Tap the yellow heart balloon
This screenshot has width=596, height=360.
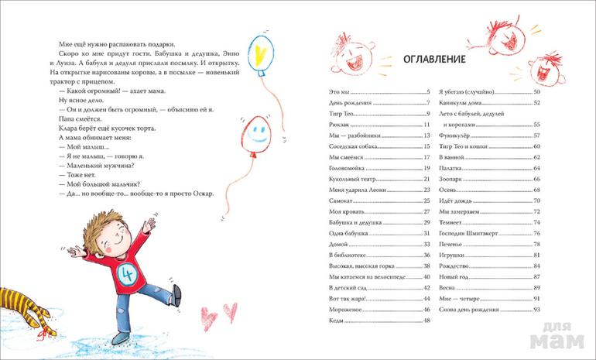pos(263,52)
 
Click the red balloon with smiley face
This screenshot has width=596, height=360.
pos(254,135)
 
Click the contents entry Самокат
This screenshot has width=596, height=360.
pos(342,201)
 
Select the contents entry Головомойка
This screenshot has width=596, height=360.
pos(348,168)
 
